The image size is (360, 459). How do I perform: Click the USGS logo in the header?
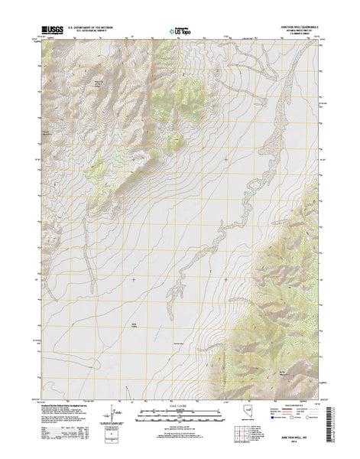51,31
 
